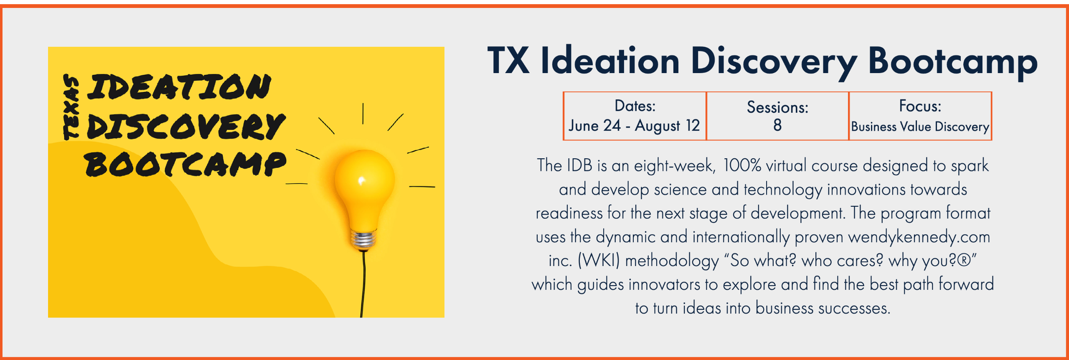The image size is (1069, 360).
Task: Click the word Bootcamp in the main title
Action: (x=952, y=63)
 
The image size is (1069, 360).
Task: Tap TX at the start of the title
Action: (x=509, y=60)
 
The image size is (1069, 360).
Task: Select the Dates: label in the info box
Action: (x=635, y=106)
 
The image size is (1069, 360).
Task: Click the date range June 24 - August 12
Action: (x=634, y=126)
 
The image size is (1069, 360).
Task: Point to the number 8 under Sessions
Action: (x=777, y=125)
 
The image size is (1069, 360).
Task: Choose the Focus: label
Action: (x=920, y=106)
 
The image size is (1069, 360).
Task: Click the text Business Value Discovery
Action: (x=920, y=127)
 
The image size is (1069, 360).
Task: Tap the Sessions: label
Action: (x=778, y=107)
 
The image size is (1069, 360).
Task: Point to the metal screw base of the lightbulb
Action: (x=363, y=240)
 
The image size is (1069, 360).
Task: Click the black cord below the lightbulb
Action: (x=363, y=284)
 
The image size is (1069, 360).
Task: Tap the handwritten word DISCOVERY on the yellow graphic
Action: (x=186, y=127)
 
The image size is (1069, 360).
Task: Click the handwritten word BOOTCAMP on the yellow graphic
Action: (x=185, y=164)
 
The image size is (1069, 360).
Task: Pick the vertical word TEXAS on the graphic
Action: (x=71, y=107)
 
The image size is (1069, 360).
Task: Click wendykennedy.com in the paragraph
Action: (x=919, y=237)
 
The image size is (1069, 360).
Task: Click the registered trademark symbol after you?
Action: (x=964, y=260)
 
